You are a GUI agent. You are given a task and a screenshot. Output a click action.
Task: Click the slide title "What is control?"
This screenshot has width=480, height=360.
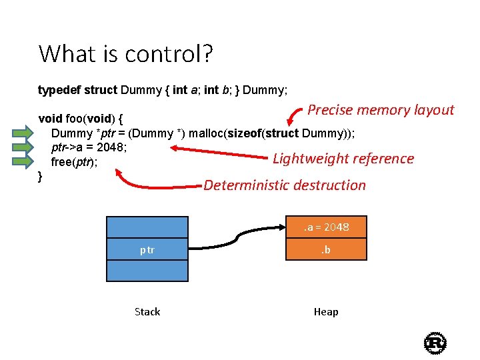(x=126, y=53)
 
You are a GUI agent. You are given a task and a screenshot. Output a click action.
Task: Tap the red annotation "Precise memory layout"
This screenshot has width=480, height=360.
(x=381, y=110)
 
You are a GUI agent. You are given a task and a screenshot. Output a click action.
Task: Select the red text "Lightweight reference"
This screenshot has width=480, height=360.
(x=343, y=159)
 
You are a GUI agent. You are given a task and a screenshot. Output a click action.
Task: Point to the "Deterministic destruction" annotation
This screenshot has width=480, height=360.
(x=285, y=185)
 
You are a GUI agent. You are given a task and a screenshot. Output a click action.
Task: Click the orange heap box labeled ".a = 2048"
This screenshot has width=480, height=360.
(x=326, y=227)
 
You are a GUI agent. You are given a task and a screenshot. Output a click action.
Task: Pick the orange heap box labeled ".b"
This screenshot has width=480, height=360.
(x=326, y=250)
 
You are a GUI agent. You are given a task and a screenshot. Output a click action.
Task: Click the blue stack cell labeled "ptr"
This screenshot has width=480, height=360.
(x=147, y=250)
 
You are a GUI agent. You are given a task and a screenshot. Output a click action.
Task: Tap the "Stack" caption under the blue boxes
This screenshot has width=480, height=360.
(x=147, y=312)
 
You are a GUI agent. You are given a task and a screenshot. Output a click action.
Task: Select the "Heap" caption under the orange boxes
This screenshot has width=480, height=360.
(x=326, y=312)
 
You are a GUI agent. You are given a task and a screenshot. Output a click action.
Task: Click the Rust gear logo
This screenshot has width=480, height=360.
(x=435, y=343)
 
